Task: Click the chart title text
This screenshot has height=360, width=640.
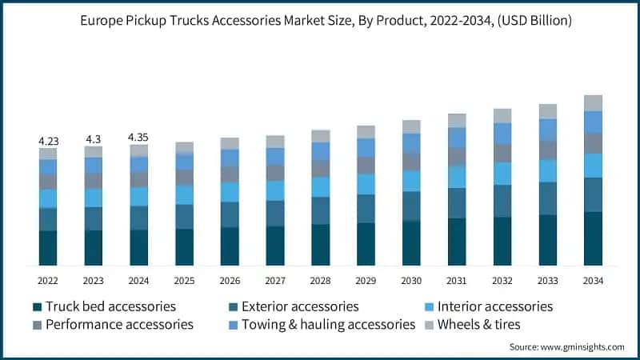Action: pyautogui.click(x=320, y=21)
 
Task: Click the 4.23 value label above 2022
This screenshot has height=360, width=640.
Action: pyautogui.click(x=48, y=141)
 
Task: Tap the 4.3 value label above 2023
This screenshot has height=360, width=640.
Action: pyautogui.click(x=94, y=139)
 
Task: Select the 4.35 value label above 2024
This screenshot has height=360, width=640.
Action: pyautogui.click(x=138, y=138)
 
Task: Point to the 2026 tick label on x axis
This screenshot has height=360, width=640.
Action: pyautogui.click(x=230, y=281)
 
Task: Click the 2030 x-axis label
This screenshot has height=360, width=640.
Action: pyautogui.click(x=411, y=281)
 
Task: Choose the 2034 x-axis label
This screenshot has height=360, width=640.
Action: pyautogui.click(x=593, y=281)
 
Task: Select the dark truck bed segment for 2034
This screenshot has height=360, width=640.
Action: pyautogui.click(x=593, y=238)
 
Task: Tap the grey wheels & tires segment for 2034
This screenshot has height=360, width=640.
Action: pyautogui.click(x=593, y=103)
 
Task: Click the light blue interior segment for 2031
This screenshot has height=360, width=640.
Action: pyautogui.click(x=457, y=177)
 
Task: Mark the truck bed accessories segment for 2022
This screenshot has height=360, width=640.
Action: pyautogui.click(x=48, y=248)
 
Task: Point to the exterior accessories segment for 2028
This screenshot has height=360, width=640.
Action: pyautogui.click(x=321, y=210)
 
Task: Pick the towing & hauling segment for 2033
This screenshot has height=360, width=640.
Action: pyautogui.click(x=547, y=130)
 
